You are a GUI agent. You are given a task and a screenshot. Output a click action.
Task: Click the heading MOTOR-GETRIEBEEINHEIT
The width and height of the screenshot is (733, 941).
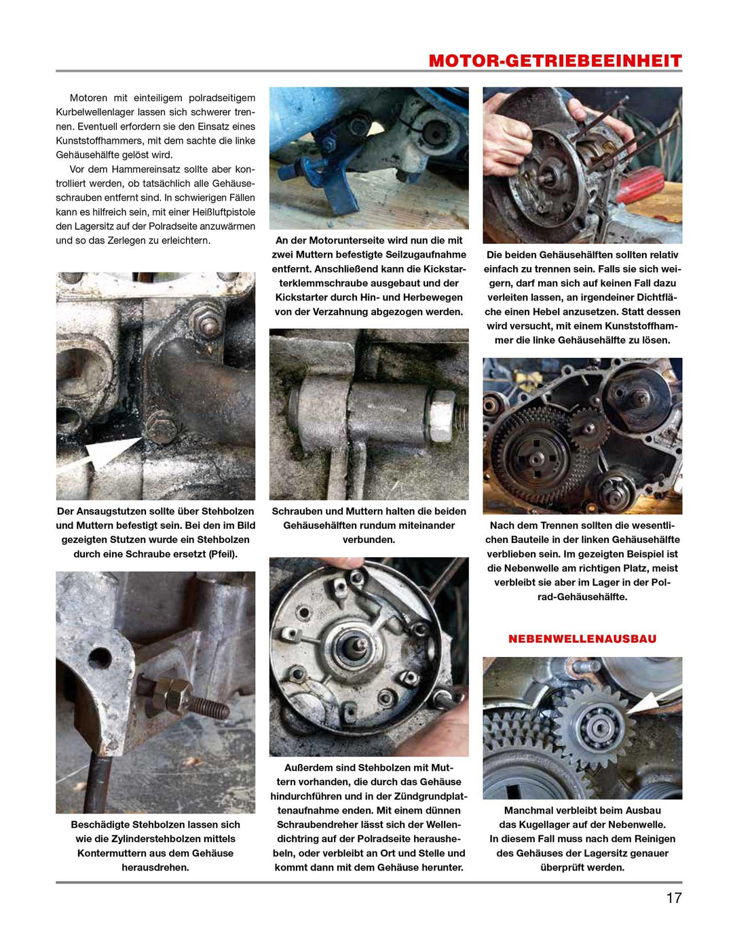coord(555,61)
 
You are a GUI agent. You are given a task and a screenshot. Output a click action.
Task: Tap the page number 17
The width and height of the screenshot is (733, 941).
coord(673,898)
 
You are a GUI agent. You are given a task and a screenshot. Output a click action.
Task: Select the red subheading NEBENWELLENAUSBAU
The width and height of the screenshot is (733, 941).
coord(582,639)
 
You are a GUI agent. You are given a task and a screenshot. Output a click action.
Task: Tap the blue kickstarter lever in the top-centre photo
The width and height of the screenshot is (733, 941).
coord(339,190)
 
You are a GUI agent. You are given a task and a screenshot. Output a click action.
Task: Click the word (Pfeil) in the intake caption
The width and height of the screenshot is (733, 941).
coord(222,554)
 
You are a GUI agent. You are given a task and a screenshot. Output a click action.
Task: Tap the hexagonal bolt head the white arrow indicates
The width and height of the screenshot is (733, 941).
coord(162,426)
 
